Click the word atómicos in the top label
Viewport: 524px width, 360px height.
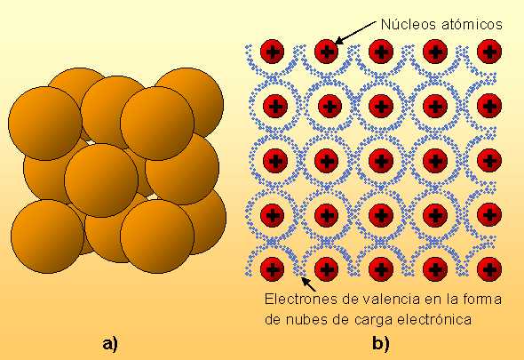coord(472,24)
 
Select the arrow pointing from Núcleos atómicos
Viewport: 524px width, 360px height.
coord(355,33)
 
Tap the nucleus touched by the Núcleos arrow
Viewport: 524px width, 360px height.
coord(327,52)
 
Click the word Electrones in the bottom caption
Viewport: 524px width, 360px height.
coord(301,299)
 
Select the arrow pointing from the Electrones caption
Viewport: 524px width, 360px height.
coord(309,284)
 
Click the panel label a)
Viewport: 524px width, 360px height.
coord(110,344)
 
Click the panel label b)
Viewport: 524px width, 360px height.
coord(381,344)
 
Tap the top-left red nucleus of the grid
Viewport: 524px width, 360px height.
coord(273,52)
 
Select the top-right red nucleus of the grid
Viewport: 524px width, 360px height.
coord(489,52)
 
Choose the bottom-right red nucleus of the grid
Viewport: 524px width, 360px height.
coord(489,269)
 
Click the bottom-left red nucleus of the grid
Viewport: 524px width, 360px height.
coord(273,269)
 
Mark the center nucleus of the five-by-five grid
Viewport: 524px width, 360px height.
coord(381,160)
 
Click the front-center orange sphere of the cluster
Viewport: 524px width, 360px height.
coord(101,180)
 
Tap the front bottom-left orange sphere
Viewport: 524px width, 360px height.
coord(47,236)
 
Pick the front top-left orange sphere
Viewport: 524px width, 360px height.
coord(45,124)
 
